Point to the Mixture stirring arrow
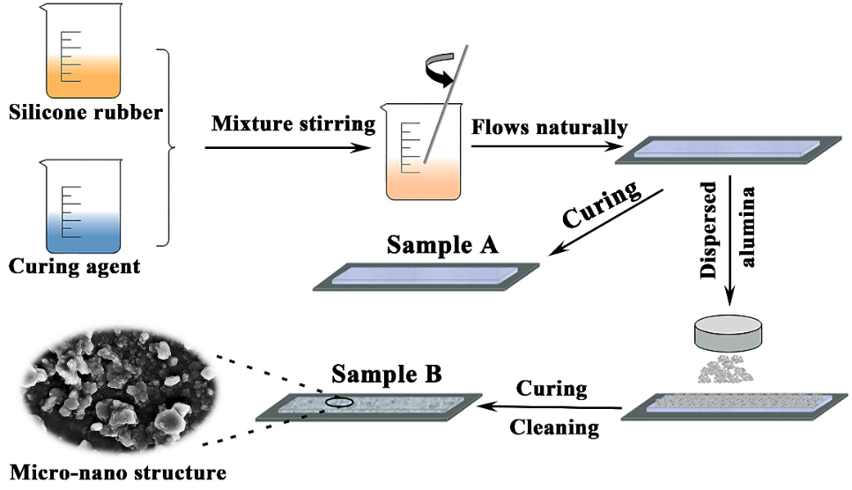pos(291,146)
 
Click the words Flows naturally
pos(549,127)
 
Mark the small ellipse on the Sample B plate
pos(338,403)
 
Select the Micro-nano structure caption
pos(115,473)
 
